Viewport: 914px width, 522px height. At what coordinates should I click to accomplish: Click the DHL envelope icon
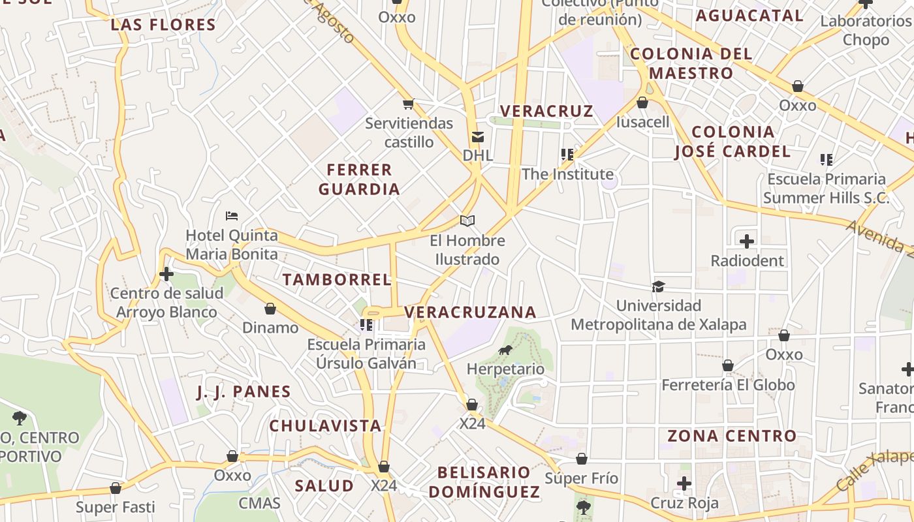click(x=478, y=137)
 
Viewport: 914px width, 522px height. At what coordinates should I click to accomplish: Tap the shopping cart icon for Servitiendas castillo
click(x=409, y=104)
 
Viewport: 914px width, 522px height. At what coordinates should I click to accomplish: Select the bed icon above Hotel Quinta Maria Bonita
click(x=232, y=216)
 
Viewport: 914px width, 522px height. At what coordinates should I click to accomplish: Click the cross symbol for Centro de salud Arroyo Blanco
click(x=166, y=274)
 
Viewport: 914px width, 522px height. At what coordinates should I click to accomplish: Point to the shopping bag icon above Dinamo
click(x=270, y=309)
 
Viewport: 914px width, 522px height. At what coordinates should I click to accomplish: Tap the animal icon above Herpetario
click(x=505, y=350)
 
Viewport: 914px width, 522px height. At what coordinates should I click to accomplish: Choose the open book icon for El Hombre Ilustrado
click(x=467, y=221)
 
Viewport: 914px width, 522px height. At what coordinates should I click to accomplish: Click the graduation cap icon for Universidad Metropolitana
click(x=658, y=286)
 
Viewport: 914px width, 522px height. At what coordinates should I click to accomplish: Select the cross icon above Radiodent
click(x=747, y=241)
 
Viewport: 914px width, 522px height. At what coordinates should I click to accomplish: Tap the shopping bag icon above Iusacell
click(x=642, y=103)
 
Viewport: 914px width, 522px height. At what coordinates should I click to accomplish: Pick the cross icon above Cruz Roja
click(x=684, y=484)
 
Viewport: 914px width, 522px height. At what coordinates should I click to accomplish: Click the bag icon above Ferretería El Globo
click(x=728, y=365)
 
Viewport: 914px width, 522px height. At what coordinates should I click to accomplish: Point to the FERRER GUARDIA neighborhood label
click(x=359, y=179)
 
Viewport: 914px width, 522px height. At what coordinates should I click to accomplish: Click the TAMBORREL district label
click(x=337, y=280)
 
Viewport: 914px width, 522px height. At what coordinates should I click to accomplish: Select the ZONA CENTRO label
click(x=732, y=436)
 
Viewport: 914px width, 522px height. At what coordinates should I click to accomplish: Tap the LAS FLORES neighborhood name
click(x=163, y=25)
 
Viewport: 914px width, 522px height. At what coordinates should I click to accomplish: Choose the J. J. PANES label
click(x=244, y=391)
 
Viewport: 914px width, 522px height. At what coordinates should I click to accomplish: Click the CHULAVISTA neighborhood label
click(x=325, y=426)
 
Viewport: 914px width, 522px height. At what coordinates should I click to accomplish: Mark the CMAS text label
click(x=259, y=503)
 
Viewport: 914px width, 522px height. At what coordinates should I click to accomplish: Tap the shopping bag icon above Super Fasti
click(x=116, y=488)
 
